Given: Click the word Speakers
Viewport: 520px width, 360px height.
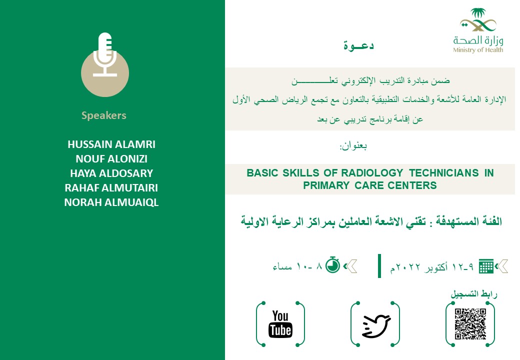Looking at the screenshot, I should point(104,115).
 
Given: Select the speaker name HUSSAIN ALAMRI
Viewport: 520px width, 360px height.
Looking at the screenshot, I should point(111,144).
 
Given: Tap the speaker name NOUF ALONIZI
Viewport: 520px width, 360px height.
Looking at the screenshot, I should point(111,159).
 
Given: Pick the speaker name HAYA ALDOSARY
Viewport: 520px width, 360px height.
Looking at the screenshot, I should point(111,173).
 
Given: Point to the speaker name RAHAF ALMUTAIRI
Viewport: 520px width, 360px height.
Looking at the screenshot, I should point(111,188).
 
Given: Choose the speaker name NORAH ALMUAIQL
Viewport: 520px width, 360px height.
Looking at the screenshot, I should point(111,202).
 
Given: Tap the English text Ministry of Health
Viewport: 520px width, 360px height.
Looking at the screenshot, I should point(478,50).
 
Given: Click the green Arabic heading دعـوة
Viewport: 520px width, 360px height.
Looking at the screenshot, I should point(358,45).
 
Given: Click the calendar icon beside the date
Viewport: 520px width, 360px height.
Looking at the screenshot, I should point(486,266).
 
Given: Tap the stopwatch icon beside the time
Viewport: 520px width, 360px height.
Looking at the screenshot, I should point(333,264).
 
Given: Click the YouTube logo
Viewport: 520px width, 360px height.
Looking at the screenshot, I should point(280,323).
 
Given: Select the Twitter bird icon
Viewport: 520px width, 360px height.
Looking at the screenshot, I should point(376,325).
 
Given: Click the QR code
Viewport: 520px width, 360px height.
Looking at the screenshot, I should point(470,324).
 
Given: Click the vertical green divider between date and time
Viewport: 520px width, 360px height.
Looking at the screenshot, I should point(379,265).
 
